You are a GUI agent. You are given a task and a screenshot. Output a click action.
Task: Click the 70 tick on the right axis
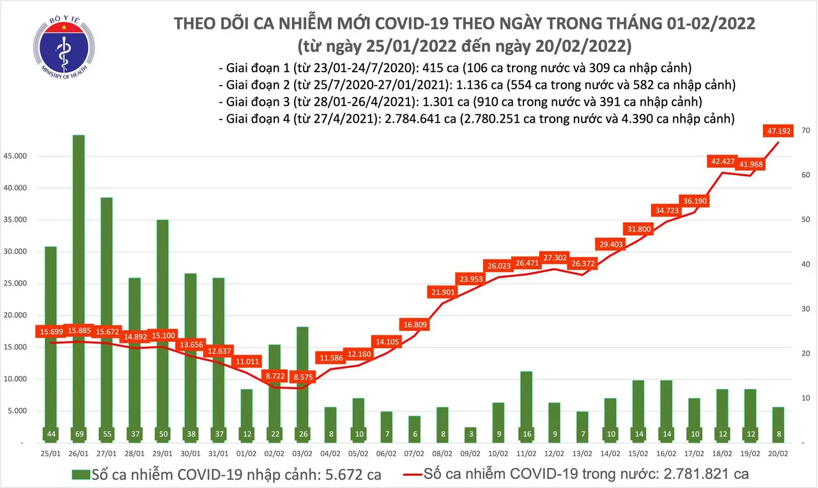(807, 130)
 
